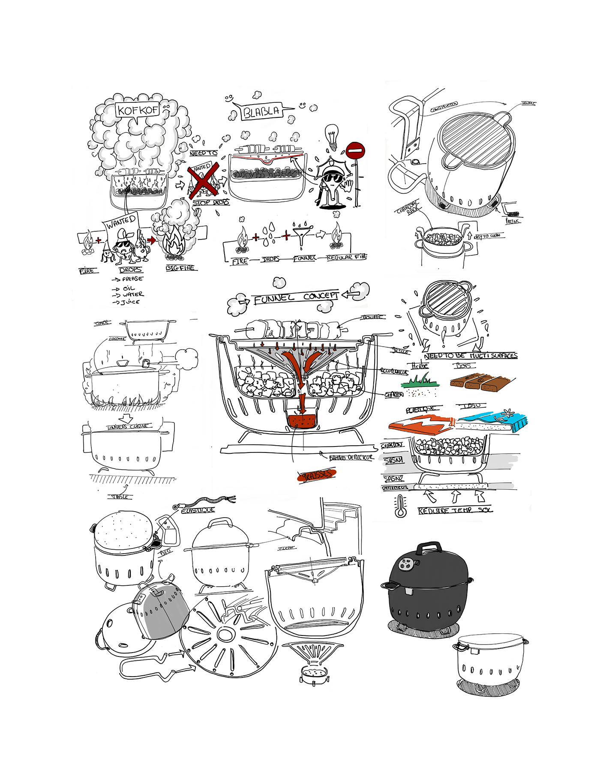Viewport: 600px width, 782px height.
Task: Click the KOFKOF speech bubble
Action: click(137, 110)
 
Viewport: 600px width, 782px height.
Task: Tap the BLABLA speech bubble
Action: click(262, 112)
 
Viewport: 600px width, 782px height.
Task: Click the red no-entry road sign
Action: click(355, 151)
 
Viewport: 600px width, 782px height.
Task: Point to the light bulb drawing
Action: click(331, 135)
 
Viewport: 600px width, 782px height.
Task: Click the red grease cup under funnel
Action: click(302, 420)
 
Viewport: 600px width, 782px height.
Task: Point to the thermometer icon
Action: click(401, 506)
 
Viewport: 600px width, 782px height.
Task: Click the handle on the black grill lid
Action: click(429, 547)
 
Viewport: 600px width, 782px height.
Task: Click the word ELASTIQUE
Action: click(198, 510)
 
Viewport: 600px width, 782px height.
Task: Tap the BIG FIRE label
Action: click(180, 268)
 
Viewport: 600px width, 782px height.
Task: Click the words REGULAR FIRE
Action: click(347, 257)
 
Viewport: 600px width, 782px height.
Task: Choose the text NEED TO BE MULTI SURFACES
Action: click(471, 356)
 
